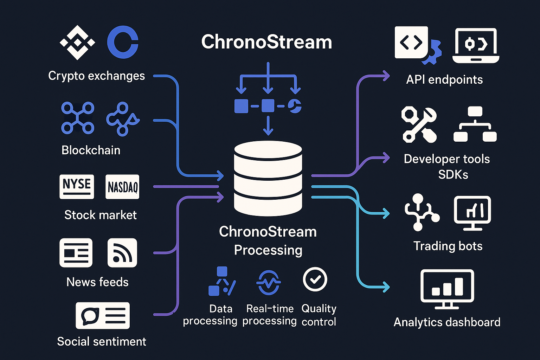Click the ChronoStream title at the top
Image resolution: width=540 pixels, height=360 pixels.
266,42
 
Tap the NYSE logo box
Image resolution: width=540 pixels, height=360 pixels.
77,186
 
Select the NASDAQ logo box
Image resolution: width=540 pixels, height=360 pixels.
122,187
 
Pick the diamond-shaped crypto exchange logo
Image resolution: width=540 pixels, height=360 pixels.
77,43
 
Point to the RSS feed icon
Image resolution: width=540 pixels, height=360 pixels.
122,253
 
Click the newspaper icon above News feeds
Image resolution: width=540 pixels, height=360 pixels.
76,253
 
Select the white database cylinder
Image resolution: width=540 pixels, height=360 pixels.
268,178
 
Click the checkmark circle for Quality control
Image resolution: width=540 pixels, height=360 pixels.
315,279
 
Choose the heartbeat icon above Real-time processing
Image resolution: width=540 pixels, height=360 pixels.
269,282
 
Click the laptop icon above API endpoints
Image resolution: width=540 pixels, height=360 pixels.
476,46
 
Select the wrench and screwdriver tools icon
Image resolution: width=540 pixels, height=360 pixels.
419,125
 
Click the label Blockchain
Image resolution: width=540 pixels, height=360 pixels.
91,150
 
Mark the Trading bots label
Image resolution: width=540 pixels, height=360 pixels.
448,246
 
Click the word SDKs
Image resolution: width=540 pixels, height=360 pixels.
453,174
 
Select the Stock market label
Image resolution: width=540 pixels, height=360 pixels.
100,215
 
